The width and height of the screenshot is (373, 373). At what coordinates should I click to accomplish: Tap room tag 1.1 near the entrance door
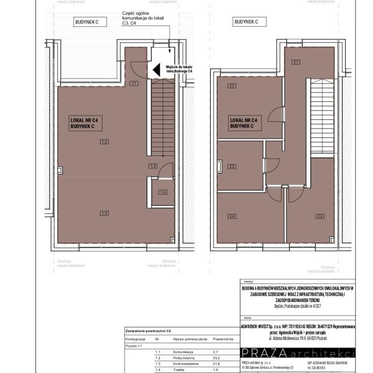(x=134, y=83)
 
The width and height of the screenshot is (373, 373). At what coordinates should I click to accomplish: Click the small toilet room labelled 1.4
(x=163, y=192)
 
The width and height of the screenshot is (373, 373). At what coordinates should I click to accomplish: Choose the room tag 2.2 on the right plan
(x=231, y=85)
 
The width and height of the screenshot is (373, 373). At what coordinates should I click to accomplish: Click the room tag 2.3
(x=231, y=166)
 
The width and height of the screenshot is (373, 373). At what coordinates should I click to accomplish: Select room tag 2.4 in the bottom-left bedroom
(x=231, y=216)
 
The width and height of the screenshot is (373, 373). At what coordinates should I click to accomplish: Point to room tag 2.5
(x=320, y=216)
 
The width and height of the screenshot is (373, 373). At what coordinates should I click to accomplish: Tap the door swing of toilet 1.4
(x=164, y=173)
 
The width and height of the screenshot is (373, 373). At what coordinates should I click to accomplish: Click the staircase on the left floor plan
(x=163, y=118)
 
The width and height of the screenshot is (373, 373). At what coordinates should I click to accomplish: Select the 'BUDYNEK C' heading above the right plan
(x=246, y=22)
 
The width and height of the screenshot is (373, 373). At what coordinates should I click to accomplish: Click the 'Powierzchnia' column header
(x=223, y=340)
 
